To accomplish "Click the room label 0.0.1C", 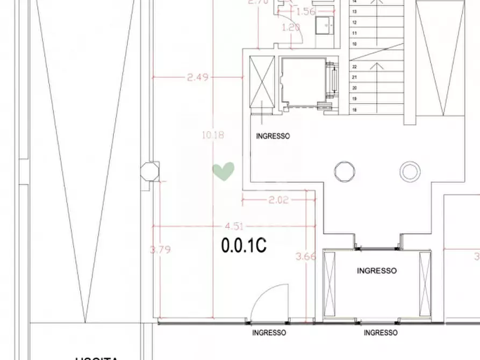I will (x=244, y=245).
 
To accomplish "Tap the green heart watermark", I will (x=223, y=171).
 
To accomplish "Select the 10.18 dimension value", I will (x=213, y=135).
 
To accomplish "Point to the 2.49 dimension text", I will (x=197, y=77).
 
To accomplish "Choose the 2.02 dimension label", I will (x=278, y=200).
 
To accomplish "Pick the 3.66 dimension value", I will (x=306, y=256).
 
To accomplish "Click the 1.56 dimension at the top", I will (x=305, y=12).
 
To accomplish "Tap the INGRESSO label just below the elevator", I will (x=273, y=136).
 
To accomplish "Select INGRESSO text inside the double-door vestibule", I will (x=377, y=271).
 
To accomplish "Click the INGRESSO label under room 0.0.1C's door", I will (x=269, y=333).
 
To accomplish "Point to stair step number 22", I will (x=355, y=67).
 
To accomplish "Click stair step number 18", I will (x=355, y=110).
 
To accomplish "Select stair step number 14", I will (x=355, y=2).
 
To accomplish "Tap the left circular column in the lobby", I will (x=345, y=172).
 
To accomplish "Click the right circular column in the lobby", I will (x=410, y=172).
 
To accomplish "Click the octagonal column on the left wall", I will (x=149, y=172).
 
